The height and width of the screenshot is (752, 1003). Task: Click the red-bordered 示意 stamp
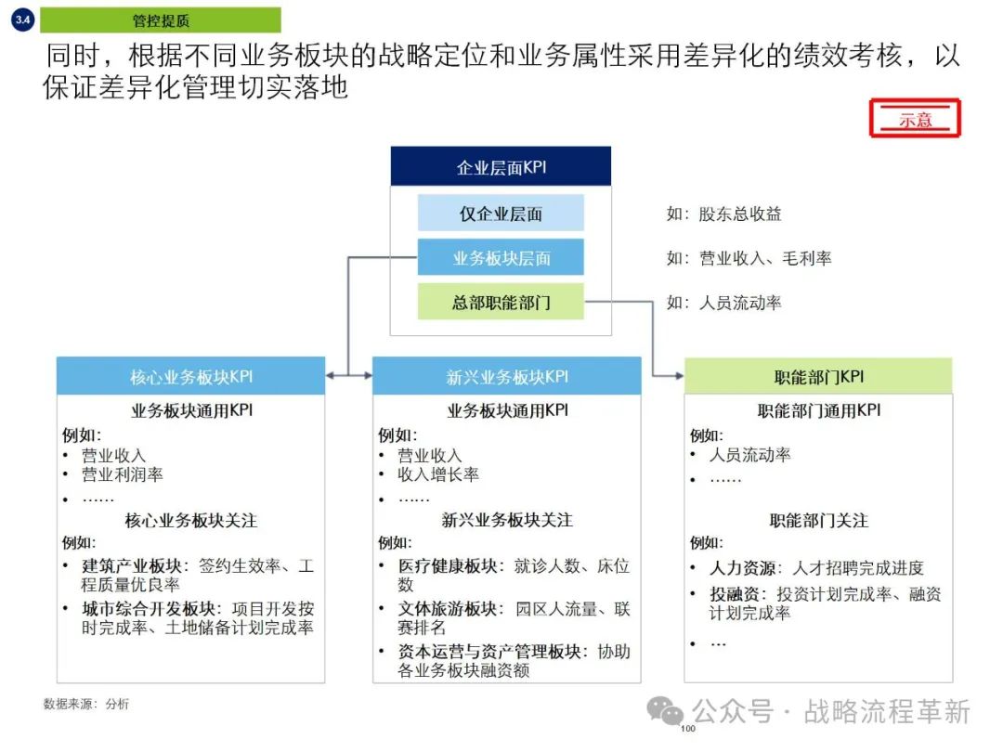pos(915,119)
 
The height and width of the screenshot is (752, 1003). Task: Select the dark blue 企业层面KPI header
pos(501,167)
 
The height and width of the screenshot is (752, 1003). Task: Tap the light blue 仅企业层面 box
pos(501,214)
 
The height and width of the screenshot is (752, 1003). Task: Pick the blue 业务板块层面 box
pos(501,258)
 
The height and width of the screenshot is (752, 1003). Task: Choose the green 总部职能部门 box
pos(501,303)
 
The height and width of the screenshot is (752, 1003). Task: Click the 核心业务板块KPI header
pos(190,377)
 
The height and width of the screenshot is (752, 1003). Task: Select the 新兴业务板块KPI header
pos(507,377)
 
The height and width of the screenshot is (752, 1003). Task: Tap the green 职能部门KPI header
pos(818,377)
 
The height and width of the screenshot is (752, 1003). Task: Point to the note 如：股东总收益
pos(723,214)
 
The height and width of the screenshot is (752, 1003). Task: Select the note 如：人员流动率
pos(723,303)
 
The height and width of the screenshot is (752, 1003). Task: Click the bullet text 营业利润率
pos(123,474)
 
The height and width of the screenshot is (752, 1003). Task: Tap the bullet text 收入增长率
pos(438,474)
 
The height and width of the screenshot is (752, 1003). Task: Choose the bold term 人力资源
pos(743,567)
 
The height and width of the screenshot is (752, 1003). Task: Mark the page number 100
pos(688,729)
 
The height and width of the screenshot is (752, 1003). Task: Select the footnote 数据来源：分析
pos(86,704)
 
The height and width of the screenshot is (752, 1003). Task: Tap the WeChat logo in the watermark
pos(667,712)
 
